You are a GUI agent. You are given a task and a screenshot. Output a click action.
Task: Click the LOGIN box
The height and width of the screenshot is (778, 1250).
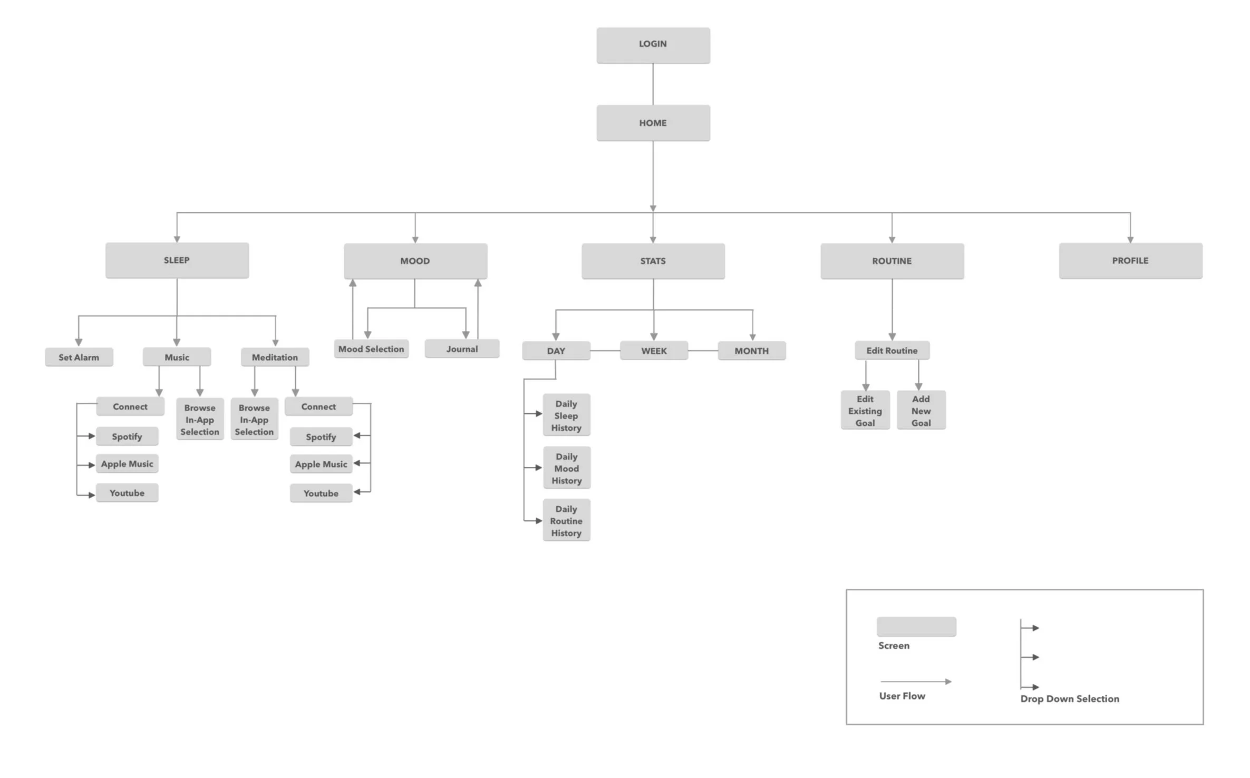653,45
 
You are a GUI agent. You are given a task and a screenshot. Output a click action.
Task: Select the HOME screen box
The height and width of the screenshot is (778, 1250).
653,123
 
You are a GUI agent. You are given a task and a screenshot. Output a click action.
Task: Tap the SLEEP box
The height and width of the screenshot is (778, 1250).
177,260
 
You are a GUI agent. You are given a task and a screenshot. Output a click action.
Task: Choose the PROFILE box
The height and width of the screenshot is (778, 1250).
1130,260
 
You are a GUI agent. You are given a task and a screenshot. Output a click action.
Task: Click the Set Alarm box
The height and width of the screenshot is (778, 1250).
79,357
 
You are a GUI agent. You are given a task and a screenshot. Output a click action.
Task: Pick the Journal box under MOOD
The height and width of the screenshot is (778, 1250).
462,348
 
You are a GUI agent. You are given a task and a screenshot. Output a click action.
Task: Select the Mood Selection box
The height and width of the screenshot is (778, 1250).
371,348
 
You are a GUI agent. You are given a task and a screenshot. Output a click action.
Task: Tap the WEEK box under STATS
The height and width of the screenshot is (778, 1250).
654,351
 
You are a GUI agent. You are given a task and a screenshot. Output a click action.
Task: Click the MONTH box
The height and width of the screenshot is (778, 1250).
751,351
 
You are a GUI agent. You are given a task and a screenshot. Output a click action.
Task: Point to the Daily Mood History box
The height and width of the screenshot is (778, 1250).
566,468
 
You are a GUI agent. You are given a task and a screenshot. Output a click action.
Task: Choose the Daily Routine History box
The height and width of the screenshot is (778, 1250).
566,520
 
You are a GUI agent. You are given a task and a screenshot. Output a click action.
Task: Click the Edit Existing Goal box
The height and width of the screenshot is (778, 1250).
865,410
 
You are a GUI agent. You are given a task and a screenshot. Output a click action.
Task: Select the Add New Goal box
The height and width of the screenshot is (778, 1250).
920,410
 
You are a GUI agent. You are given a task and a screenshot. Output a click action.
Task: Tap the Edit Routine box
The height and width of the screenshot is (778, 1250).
892,351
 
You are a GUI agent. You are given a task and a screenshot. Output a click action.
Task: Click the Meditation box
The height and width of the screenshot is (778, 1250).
275,357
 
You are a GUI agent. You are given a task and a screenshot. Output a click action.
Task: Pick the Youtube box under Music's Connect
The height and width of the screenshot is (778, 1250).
127,493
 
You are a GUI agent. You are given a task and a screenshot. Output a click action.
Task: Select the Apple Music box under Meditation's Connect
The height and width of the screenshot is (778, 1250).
321,464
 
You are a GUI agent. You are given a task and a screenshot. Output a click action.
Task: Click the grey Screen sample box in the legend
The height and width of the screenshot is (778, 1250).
916,627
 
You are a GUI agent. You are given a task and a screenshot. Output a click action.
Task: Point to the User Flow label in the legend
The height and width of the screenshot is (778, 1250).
902,696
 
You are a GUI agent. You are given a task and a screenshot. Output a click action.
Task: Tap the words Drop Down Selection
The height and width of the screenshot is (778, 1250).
1069,698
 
